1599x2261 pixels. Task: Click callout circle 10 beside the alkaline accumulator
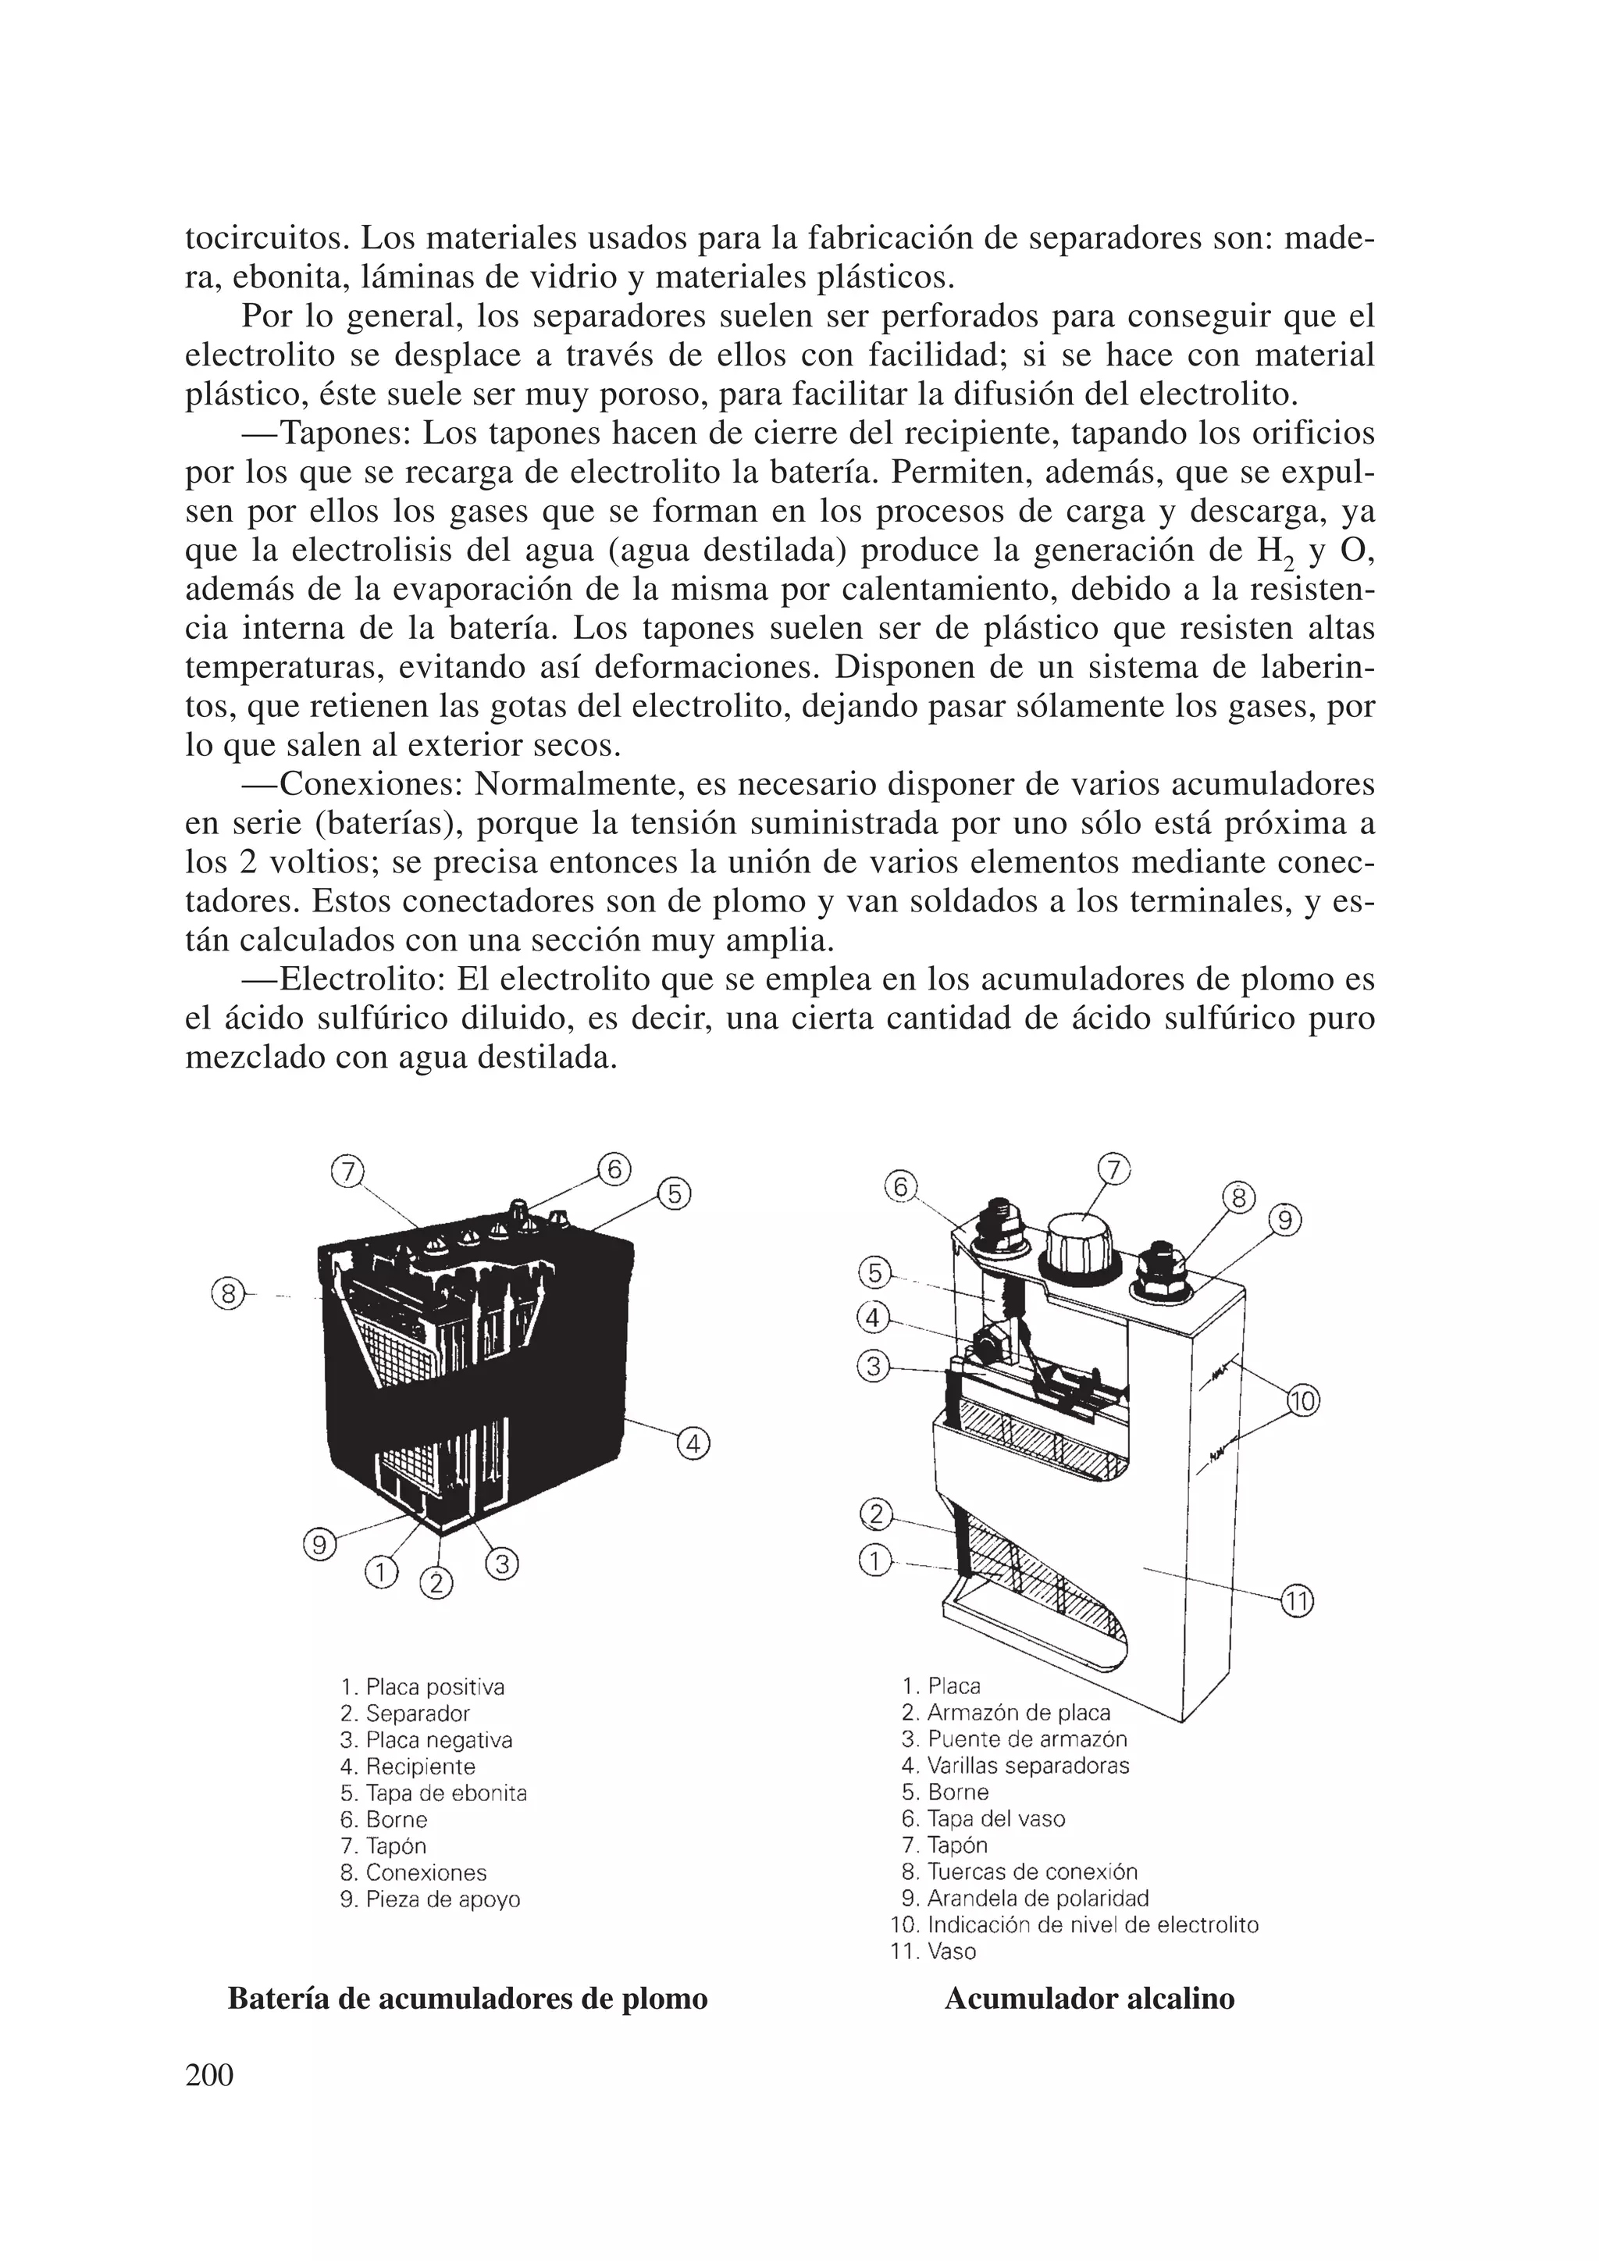[x=1302, y=1400]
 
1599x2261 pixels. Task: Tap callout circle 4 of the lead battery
[x=693, y=1445]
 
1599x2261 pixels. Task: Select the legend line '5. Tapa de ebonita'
[x=433, y=1793]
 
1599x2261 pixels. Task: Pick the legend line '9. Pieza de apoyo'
[x=429, y=1899]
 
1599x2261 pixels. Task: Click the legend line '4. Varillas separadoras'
[x=1015, y=1766]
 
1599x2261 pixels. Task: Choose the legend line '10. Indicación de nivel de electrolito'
[x=1074, y=1925]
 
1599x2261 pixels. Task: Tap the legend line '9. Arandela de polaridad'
[x=1025, y=1899]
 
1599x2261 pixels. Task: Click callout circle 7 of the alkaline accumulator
[x=1113, y=1169]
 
